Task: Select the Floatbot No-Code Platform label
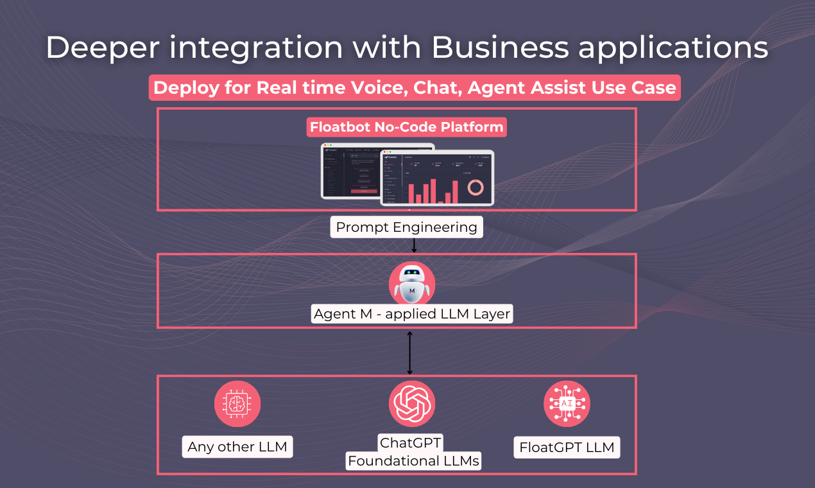[407, 127]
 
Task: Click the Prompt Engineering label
[407, 227]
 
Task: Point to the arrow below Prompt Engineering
[414, 245]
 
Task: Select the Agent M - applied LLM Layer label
[411, 315]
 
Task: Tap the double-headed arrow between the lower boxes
[409, 352]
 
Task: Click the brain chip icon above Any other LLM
[237, 404]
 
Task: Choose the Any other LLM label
[237, 447]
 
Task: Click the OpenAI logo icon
[412, 404]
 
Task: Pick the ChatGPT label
[411, 442]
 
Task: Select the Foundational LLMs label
[413, 461]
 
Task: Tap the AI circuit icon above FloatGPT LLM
[567, 404]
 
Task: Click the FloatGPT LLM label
[567, 447]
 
